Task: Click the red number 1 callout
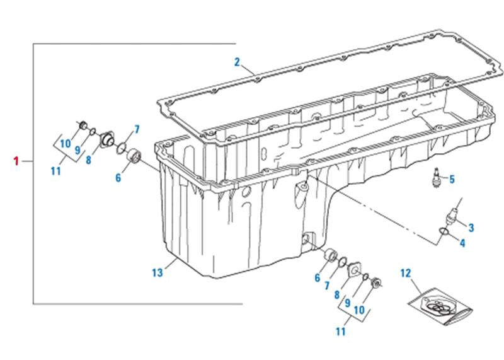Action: [16, 161]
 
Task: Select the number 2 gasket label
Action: [237, 62]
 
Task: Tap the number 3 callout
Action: [471, 226]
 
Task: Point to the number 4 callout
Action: [462, 243]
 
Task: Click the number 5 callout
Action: [452, 179]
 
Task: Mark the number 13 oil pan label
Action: [157, 272]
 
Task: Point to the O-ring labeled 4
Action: [444, 235]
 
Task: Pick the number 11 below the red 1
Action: [56, 170]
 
